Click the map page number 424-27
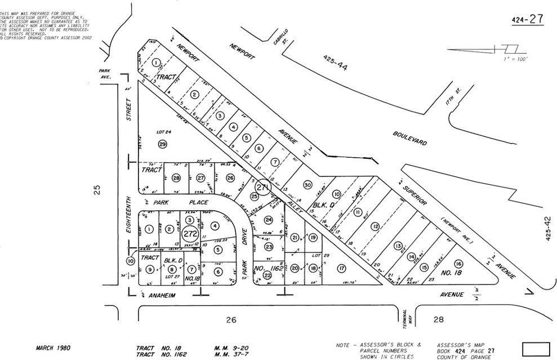[527, 20]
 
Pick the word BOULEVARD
[409, 138]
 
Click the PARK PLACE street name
[186, 202]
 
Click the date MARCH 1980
[54, 348]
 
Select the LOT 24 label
[163, 133]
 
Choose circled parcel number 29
[162, 144]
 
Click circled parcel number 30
[307, 184]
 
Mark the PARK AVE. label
[105, 74]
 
